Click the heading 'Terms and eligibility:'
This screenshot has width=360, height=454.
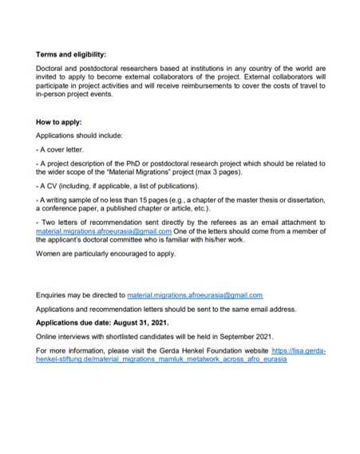coord(71,55)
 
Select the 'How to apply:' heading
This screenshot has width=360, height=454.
coord(61,125)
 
